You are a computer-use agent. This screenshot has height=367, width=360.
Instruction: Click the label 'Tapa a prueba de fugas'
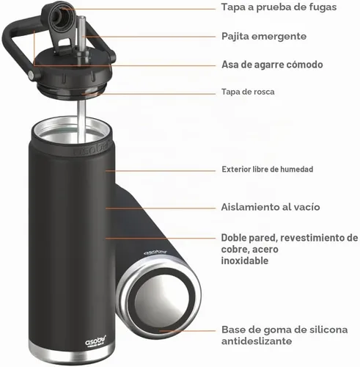tap(279, 7)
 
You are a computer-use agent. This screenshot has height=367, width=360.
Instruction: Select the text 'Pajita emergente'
tap(264, 37)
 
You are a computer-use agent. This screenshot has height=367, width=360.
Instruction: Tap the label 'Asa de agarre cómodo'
tap(272, 65)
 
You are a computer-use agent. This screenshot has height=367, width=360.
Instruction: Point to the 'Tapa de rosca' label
tap(248, 92)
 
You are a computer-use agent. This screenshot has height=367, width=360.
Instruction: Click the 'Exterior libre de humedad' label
tap(268, 169)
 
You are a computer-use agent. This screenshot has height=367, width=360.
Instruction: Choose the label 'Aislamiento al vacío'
tap(271, 207)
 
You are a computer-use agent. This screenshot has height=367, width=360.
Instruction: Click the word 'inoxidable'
tap(245, 261)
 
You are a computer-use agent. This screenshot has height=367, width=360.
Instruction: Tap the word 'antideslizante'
tap(257, 341)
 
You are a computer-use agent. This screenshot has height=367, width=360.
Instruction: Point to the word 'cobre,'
tap(235, 250)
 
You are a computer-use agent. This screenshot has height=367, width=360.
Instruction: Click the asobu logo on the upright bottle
tap(95, 341)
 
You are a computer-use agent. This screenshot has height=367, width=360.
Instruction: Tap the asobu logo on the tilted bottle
tap(155, 252)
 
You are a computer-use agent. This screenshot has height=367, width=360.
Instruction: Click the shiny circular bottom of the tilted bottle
tap(162, 293)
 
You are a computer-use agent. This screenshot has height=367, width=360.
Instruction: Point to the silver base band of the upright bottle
tap(71, 352)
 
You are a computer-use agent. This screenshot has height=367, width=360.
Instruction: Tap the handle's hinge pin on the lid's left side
tap(31, 75)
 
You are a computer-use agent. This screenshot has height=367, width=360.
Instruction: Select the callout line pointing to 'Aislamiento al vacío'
tap(161, 208)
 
